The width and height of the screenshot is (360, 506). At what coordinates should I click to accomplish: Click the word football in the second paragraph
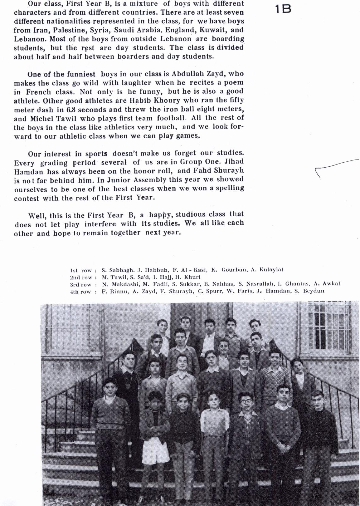click(x=171, y=118)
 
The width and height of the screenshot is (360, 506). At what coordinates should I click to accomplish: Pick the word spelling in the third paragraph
click(x=230, y=188)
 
